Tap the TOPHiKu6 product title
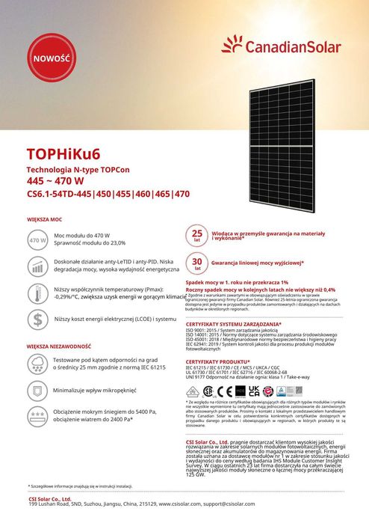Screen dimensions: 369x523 click(63, 156)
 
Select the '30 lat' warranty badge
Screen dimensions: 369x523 click(197, 264)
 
